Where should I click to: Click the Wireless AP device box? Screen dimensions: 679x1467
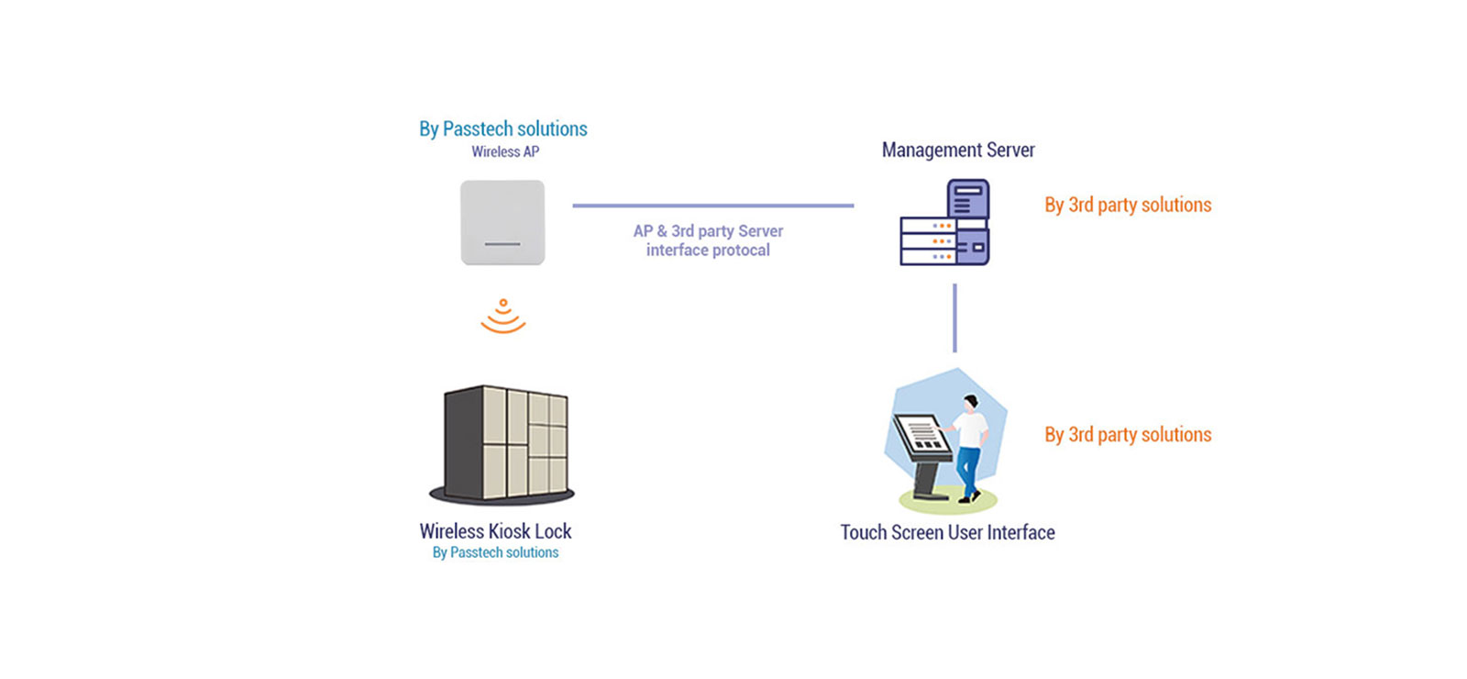pyautogui.click(x=502, y=222)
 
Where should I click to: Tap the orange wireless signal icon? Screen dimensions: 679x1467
pyautogui.click(x=502, y=317)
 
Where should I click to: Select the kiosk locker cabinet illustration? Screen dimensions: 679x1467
pyautogui.click(x=503, y=445)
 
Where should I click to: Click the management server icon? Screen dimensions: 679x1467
pyautogui.click(x=944, y=223)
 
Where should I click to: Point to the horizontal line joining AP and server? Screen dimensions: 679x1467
pyautogui.click(x=712, y=206)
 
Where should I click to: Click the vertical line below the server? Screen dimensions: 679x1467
pyautogui.click(x=954, y=317)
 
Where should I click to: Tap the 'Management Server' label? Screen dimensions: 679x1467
pyautogui.click(x=958, y=150)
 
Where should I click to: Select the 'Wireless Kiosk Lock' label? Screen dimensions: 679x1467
pyautogui.click(x=495, y=531)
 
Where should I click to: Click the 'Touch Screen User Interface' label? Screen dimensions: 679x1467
pyautogui.click(x=947, y=532)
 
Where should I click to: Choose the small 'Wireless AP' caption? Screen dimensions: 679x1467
pyautogui.click(x=505, y=152)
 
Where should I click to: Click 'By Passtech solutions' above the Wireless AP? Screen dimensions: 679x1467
pyautogui.click(x=503, y=129)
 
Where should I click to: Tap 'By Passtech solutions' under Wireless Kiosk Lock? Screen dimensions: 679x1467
pyautogui.click(x=495, y=552)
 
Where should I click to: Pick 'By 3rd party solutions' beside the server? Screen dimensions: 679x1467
pyautogui.click(x=1128, y=205)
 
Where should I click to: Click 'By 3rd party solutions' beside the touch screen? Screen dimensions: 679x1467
pyautogui.click(x=1128, y=434)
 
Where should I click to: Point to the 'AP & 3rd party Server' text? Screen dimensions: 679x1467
pyautogui.click(x=708, y=231)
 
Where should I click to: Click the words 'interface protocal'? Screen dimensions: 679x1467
pyautogui.click(x=708, y=250)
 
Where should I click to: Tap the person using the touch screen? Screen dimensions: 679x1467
pyautogui.click(x=969, y=445)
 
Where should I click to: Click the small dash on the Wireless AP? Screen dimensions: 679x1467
pyautogui.click(x=502, y=244)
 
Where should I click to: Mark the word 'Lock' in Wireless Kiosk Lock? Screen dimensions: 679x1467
pyautogui.click(x=553, y=531)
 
